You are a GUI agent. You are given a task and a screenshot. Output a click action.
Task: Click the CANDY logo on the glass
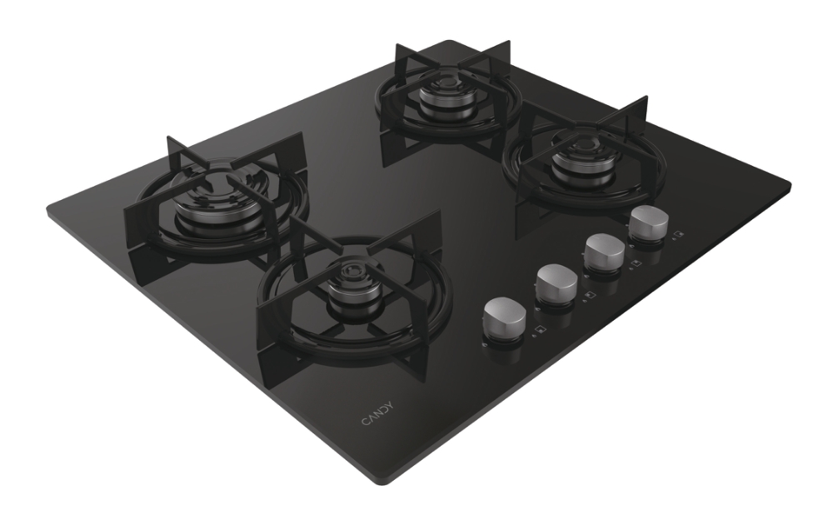377,413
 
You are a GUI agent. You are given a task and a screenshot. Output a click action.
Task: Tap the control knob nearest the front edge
505,317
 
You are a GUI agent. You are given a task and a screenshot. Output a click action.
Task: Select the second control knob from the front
556,282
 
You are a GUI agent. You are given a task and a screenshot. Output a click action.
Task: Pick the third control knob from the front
605,252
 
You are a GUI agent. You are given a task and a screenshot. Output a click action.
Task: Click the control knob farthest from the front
648,223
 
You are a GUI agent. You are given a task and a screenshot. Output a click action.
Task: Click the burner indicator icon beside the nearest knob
541,330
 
